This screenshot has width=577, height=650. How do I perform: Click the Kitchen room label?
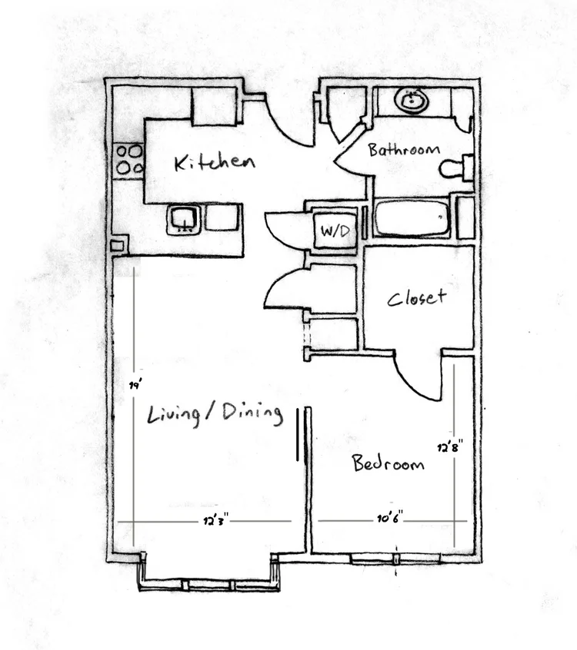pos(214,162)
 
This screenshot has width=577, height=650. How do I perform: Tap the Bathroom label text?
pos(403,149)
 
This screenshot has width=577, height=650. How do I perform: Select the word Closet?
pos(416,297)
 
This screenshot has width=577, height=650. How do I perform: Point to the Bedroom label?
pos(388,463)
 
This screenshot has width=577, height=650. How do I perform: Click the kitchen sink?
pos(185,219)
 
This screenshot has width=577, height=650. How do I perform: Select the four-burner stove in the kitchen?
pos(128,159)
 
